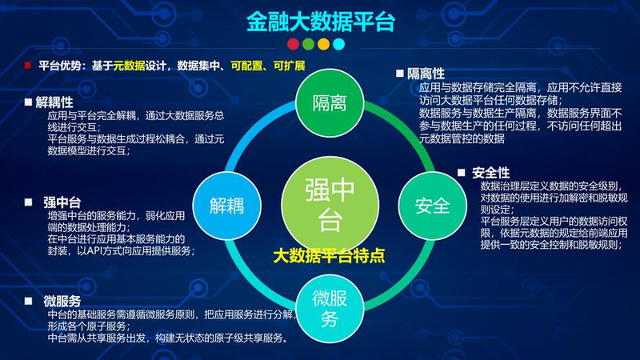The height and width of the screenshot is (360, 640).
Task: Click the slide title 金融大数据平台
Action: point(320,20)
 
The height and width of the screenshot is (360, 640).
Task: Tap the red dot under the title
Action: point(293,44)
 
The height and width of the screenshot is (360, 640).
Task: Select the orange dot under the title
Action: point(308,44)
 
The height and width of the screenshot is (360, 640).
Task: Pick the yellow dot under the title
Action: point(323,44)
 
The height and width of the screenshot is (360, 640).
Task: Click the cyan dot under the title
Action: point(338,44)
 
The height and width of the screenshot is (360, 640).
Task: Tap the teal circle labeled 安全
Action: point(431,206)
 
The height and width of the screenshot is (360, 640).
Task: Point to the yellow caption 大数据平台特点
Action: point(329,257)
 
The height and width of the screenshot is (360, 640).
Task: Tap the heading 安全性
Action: point(490,173)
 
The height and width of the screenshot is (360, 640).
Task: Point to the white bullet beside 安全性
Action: point(462,173)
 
